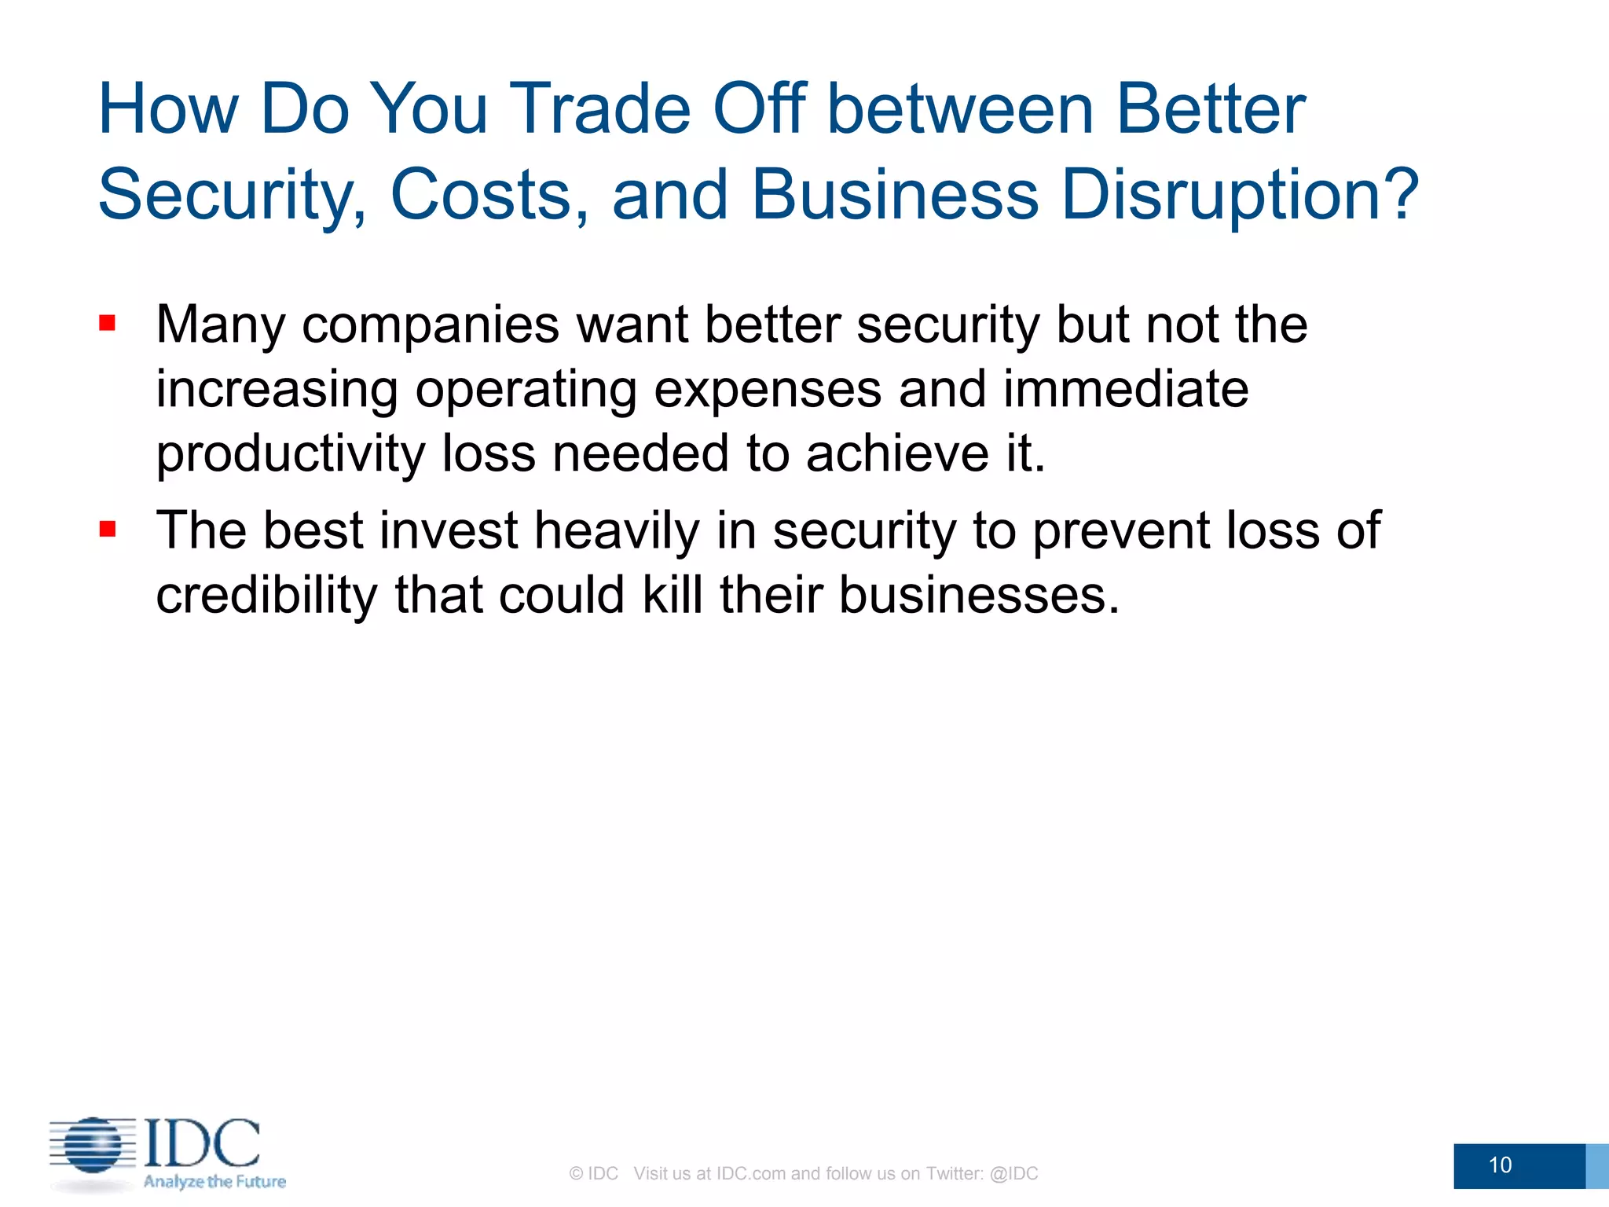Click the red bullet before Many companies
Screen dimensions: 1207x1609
108,323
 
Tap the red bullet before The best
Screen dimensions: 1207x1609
108,529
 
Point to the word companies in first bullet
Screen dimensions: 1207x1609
431,325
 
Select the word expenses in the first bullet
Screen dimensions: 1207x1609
767,389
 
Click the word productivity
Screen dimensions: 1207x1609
290,454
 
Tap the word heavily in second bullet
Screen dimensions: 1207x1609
616,530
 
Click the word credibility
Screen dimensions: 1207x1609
266,595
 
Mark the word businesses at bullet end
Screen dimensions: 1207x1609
977,595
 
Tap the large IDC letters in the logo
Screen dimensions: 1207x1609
202,1143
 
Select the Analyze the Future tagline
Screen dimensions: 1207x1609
214,1182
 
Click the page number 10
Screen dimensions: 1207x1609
1500,1165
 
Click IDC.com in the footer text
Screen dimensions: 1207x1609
750,1173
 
